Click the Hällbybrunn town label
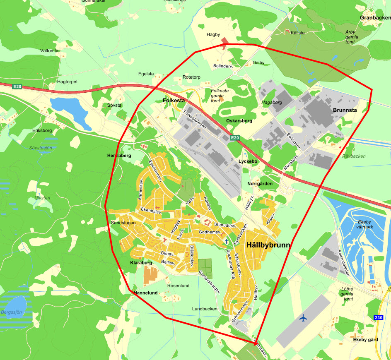tap(268, 245)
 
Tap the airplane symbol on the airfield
tap(304, 318)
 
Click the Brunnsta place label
tap(345, 110)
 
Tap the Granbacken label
tap(375, 18)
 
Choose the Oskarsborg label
tap(239, 120)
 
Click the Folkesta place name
tap(174, 101)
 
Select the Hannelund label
tap(145, 293)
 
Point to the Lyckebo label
tap(248, 161)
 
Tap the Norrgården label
tap(260, 183)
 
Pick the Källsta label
tap(298, 32)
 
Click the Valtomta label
tap(49, 50)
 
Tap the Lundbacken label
tap(205, 309)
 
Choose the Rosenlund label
tap(178, 286)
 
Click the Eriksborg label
tap(42, 130)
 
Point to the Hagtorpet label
tap(67, 82)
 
